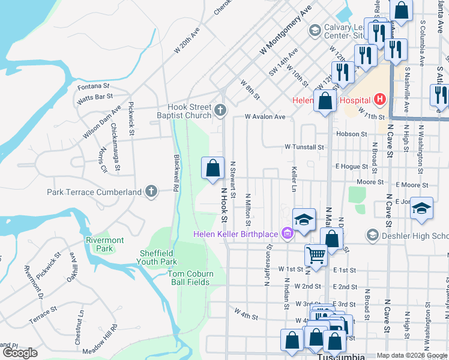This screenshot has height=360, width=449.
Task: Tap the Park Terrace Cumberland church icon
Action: point(151,192)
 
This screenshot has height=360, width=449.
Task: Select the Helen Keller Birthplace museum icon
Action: point(287,233)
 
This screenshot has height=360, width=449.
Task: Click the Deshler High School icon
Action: point(373,235)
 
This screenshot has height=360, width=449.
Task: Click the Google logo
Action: point(20,353)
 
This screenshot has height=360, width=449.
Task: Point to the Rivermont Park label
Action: point(104,244)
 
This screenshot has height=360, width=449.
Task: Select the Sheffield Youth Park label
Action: point(158,257)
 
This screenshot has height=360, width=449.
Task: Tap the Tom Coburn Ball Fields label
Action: point(190,278)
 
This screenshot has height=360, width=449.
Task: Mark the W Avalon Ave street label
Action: point(265,117)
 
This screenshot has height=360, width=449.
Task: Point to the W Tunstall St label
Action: point(304,146)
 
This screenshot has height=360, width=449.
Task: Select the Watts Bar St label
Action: point(95,96)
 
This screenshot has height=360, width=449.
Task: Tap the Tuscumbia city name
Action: point(340,356)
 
